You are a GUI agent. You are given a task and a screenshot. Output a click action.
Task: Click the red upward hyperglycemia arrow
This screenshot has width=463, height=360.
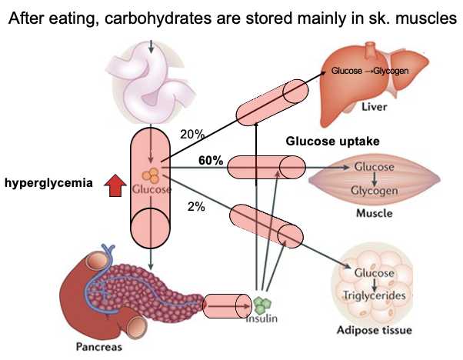click(x=114, y=184)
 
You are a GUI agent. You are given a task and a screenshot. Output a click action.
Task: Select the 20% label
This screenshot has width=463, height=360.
click(x=192, y=134)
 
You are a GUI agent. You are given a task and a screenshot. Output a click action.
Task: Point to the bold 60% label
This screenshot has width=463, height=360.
click(x=211, y=161)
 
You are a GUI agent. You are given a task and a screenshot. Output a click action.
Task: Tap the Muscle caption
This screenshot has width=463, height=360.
click(x=373, y=213)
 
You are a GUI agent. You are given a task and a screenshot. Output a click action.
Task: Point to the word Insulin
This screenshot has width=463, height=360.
click(x=261, y=318)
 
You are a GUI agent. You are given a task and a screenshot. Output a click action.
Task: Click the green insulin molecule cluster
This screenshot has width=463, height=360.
click(x=263, y=303)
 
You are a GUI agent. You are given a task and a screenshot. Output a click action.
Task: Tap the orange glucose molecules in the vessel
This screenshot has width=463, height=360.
click(x=152, y=175)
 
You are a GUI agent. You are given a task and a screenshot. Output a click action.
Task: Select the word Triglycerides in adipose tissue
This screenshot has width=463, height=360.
click(x=373, y=296)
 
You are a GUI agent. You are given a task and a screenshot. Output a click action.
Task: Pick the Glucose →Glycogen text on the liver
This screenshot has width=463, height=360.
click(x=369, y=71)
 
